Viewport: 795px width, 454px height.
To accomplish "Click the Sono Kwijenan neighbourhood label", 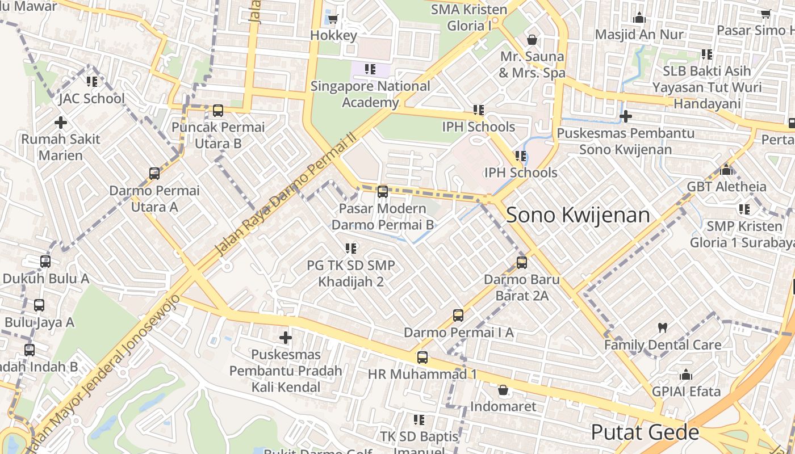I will coord(578,215).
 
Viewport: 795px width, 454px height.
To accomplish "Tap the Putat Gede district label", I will coord(645,432).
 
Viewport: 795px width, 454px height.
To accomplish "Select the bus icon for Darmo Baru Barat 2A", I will coord(521,262).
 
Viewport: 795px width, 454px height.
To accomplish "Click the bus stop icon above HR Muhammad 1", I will coord(422,357).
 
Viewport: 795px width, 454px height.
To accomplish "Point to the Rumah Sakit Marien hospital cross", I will coord(60,122).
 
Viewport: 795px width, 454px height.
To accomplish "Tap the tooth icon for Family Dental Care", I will coord(662,327).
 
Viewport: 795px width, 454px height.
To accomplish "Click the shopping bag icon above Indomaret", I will coord(503,390).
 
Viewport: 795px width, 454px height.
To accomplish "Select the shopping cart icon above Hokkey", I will coord(333,19).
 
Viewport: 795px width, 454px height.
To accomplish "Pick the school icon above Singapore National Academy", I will coord(370,70).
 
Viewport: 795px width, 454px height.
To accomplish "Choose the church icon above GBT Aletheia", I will coord(726,170).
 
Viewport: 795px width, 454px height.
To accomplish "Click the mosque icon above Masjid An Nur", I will coord(639,18).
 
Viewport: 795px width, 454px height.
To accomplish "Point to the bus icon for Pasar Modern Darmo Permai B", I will coord(383,191).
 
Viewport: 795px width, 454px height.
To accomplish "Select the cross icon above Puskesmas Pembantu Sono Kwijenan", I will coord(625,116).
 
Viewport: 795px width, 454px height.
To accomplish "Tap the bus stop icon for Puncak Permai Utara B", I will coord(218,110).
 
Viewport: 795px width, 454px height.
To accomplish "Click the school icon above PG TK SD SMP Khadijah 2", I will coord(350,248).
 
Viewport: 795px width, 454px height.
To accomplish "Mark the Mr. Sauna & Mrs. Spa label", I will coord(532,65).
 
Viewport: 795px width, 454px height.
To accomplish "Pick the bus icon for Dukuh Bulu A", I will coord(45,262).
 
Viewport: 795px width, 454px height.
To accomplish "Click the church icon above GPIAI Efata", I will coord(686,375).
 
